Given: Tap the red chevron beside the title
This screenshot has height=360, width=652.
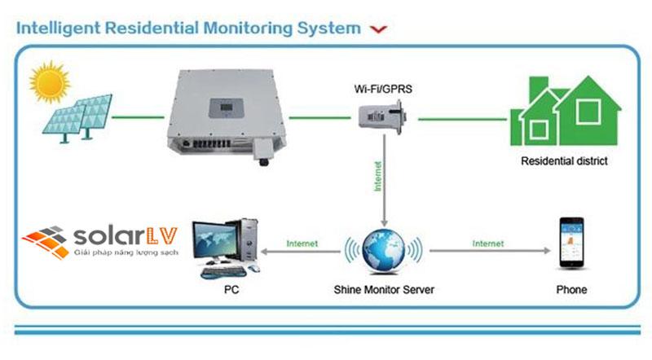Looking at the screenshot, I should coord(377,29).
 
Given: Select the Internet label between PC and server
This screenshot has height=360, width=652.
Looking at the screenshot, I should coord(302,243).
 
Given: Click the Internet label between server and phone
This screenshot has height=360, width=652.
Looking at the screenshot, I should coord(487,243).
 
